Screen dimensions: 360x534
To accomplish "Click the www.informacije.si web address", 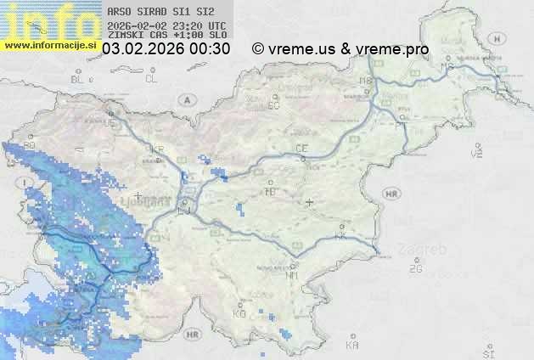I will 50,44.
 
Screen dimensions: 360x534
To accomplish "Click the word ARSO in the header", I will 118,13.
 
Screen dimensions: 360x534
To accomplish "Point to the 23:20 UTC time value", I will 200,25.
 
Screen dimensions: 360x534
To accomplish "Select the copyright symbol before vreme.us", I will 258,49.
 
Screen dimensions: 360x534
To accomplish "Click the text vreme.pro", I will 393,49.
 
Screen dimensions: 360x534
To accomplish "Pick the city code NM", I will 293,275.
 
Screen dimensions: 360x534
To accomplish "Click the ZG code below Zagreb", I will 415,269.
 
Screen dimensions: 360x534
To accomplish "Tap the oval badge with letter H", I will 502,38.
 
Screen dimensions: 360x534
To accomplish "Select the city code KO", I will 239,313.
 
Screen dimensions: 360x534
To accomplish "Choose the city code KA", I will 352,345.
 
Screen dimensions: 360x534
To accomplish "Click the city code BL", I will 77,79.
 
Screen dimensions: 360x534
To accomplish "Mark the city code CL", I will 151,79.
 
